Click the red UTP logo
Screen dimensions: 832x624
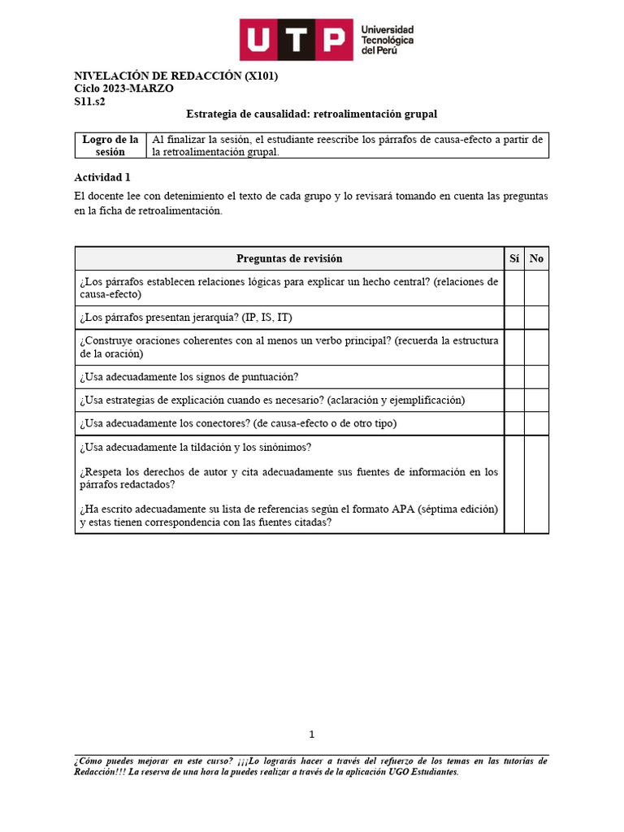point(296,39)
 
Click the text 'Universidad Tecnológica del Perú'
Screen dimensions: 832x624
point(388,39)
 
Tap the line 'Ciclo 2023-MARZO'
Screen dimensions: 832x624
point(123,89)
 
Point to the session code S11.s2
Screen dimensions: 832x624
point(89,102)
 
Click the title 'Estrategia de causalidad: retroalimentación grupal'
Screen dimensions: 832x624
point(311,115)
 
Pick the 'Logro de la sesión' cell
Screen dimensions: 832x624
point(110,145)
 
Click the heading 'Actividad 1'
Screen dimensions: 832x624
point(102,177)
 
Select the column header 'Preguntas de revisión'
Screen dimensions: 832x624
point(289,258)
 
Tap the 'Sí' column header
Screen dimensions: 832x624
point(513,258)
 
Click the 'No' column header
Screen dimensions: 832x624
point(536,258)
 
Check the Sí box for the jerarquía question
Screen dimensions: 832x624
point(513,317)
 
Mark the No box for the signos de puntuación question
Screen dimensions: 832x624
point(536,377)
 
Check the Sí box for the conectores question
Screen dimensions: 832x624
point(513,423)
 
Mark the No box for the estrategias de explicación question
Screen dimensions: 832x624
point(536,400)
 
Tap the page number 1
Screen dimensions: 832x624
point(311,734)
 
